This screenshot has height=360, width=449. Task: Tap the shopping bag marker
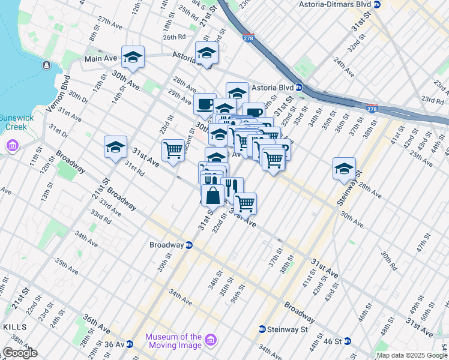click(212, 194)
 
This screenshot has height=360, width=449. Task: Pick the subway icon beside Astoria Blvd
click(299, 88)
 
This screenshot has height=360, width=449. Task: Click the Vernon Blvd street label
click(56, 93)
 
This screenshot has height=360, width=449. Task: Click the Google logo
click(20, 353)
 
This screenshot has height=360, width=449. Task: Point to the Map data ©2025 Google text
click(412, 355)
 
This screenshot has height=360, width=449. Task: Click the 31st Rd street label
click(134, 169)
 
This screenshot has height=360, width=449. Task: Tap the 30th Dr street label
click(78, 97)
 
